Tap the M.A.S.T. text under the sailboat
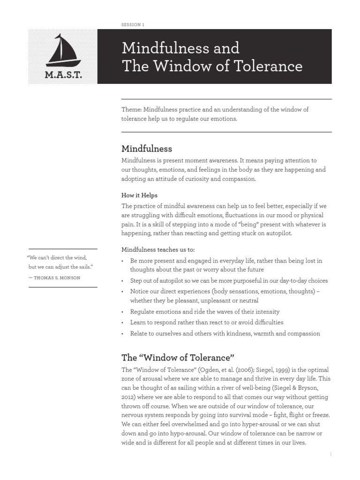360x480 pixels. [63, 75]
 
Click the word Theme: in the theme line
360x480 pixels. [132, 109]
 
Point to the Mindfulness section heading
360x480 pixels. [147, 149]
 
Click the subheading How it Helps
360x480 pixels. [140, 195]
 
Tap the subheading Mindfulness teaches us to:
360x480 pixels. [158, 249]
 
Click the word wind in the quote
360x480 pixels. [80, 258]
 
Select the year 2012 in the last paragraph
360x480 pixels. [129, 397]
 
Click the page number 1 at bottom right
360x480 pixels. [330, 454]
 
